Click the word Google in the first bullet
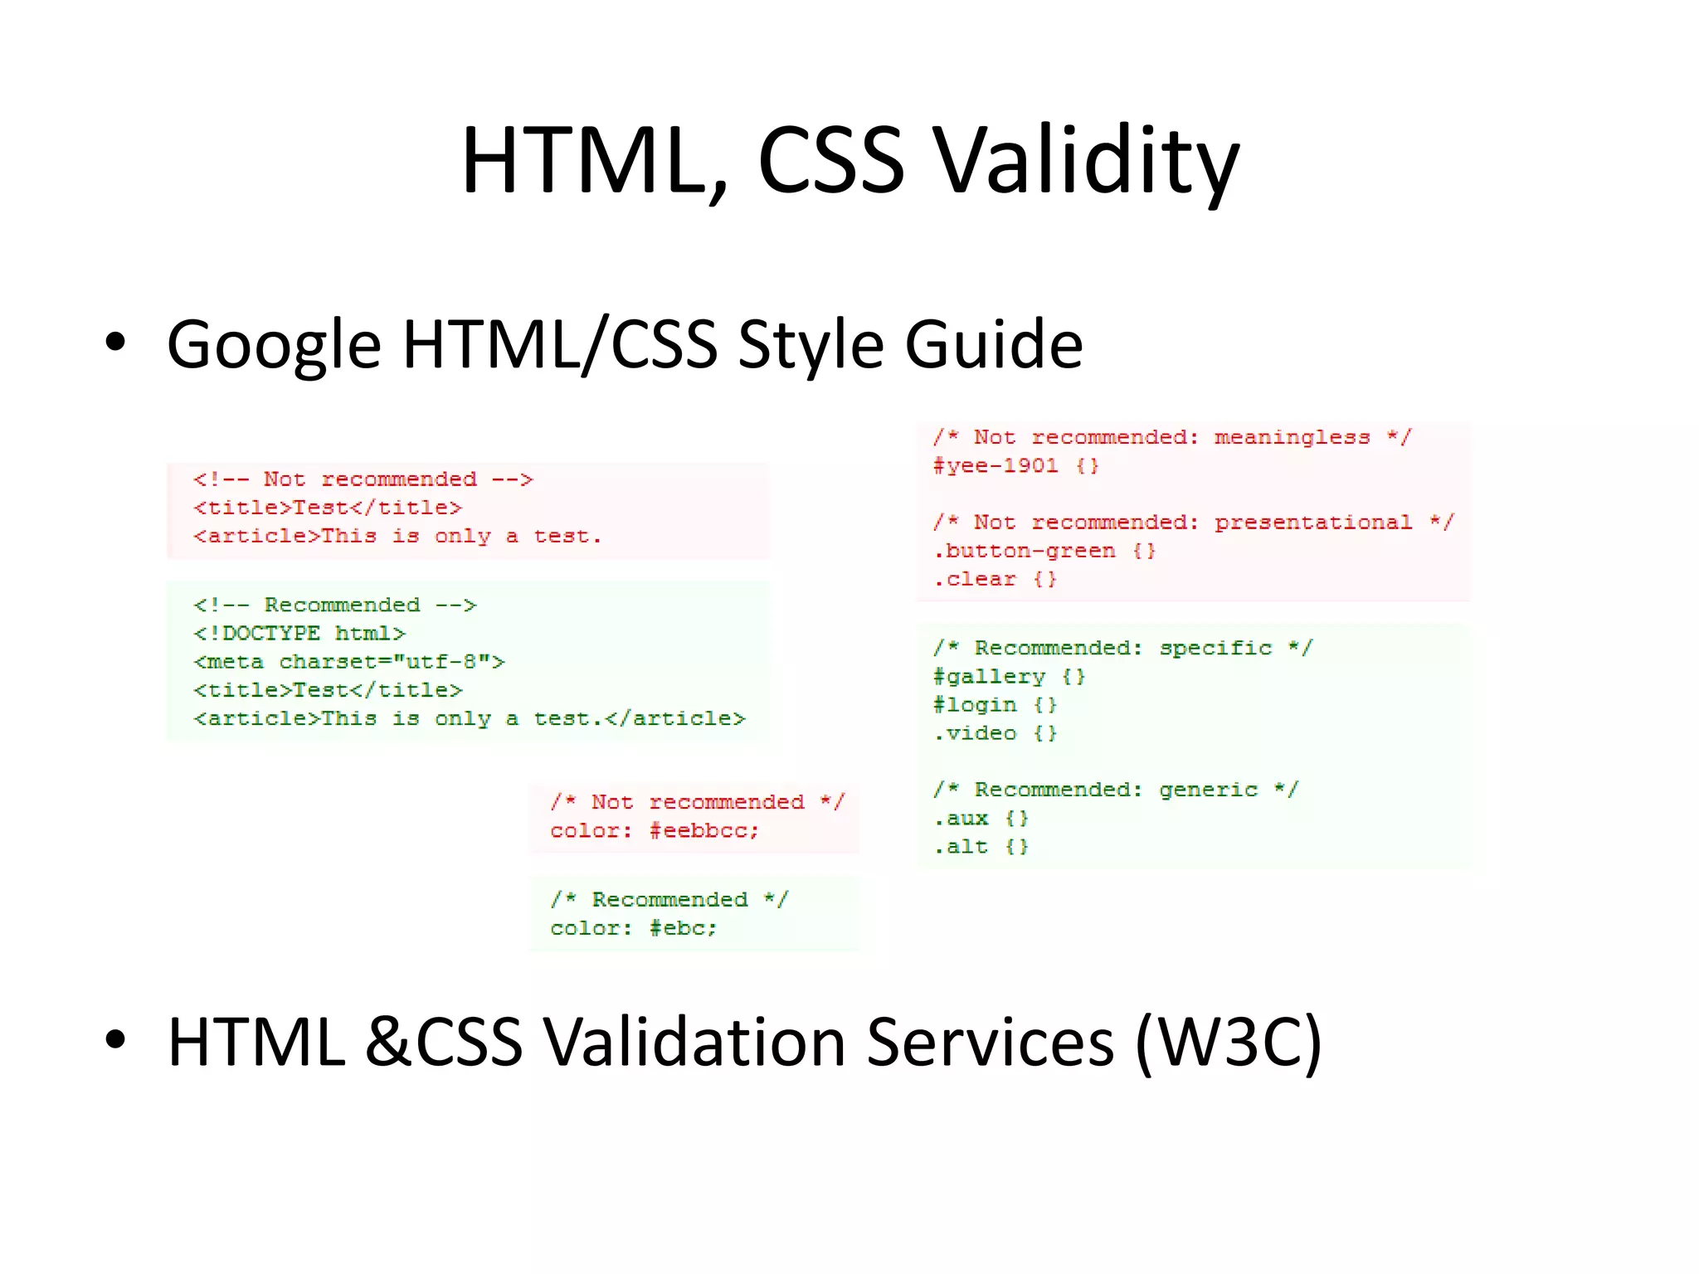coord(274,344)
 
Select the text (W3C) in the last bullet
coord(1227,1042)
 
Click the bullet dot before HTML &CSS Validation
coord(115,1040)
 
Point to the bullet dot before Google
coord(115,343)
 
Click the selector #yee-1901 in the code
coord(996,466)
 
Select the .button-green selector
coord(1025,551)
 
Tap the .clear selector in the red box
coord(975,579)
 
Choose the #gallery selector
coord(989,677)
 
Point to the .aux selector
coord(961,819)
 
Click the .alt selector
coord(961,847)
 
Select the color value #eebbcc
coord(703,831)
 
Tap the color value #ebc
coord(683,928)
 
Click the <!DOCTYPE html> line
coord(299,634)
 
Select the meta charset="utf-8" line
coord(349,662)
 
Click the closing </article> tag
coord(675,718)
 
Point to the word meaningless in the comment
coord(1292,437)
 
